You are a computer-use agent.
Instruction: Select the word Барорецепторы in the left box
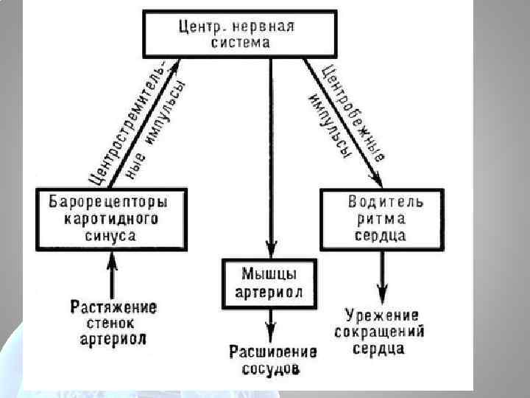pos(108,201)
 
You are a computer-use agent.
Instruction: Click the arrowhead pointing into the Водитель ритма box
pos(376,180)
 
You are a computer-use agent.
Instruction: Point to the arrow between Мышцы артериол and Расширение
pos(272,324)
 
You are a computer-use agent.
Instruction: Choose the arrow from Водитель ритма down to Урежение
pos(382,276)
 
